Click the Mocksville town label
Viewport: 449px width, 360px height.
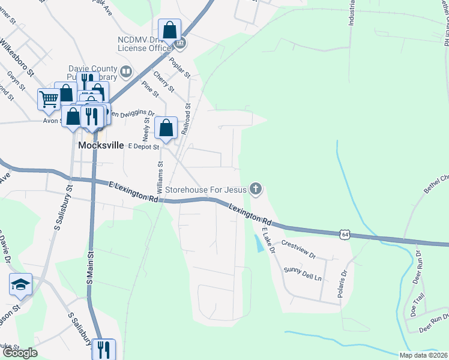click(101, 146)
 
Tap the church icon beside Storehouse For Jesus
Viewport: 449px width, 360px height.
click(256, 190)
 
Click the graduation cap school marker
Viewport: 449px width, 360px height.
click(20, 284)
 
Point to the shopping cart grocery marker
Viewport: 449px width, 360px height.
click(49, 98)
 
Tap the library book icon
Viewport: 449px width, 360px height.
click(125, 73)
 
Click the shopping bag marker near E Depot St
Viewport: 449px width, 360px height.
click(166, 128)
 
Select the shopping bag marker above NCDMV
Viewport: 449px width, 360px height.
click(170, 30)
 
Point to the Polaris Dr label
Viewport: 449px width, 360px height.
click(344, 284)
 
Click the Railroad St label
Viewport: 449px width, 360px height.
click(187, 113)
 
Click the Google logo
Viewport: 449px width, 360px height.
click(20, 352)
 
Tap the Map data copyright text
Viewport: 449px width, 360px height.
click(424, 355)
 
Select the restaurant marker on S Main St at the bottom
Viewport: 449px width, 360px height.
click(103, 349)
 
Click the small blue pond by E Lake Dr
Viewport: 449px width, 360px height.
click(258, 243)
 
